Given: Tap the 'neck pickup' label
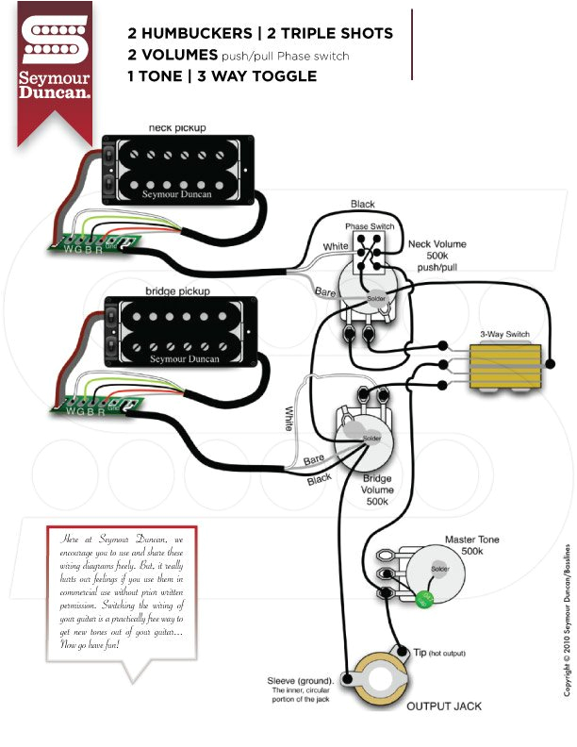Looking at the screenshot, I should (x=177, y=127).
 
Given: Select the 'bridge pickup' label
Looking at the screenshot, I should (x=178, y=291).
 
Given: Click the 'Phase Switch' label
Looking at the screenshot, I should (x=371, y=227).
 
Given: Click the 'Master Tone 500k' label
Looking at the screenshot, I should (x=472, y=545).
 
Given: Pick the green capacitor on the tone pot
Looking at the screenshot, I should (x=425, y=596).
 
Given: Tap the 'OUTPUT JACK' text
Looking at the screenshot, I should (x=443, y=705).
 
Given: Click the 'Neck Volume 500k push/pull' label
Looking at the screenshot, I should (x=437, y=256).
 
